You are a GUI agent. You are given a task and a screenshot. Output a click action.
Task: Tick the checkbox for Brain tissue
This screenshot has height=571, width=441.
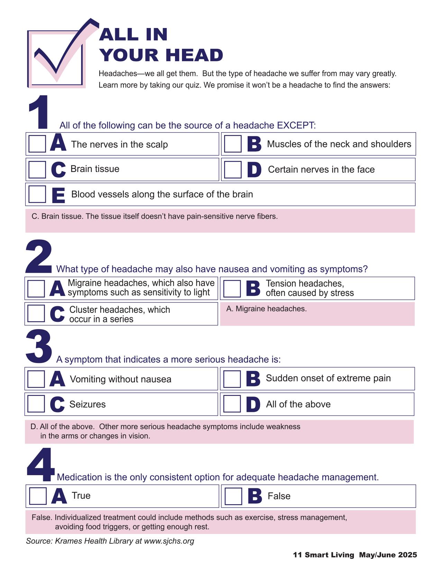37,170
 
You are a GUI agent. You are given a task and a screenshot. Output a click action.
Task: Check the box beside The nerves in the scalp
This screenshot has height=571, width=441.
37,144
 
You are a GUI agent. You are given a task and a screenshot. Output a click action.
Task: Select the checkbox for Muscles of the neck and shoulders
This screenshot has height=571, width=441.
232,144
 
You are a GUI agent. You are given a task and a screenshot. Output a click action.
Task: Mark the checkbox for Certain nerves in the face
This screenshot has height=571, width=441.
232,170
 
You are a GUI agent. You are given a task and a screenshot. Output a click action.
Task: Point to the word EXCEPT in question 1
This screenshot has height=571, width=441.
296,125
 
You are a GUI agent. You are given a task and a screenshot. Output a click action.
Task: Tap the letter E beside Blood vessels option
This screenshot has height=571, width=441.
58,196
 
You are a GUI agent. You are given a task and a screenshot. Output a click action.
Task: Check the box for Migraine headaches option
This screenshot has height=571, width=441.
36,289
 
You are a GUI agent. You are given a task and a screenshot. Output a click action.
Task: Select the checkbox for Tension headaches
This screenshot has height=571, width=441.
232,289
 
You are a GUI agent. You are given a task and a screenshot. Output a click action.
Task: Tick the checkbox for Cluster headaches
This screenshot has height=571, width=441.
36,314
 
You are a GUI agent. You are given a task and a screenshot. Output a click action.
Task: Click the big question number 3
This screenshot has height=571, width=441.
39,347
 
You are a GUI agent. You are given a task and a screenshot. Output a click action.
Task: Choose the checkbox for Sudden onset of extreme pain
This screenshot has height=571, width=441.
232,379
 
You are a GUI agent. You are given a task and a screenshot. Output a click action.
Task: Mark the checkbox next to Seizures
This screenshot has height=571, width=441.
36,404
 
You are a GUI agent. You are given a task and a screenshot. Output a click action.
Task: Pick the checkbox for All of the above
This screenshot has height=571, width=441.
232,404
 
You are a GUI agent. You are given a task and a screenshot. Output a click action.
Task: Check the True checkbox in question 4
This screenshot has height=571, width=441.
38,496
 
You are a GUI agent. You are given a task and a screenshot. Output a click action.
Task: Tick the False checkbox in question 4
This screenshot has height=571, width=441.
233,496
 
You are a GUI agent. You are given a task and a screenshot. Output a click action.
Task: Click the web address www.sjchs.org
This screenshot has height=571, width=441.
169,541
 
